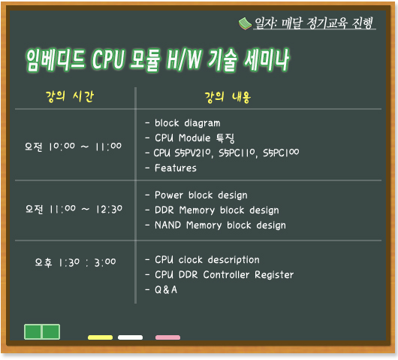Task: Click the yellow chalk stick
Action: click(x=101, y=337)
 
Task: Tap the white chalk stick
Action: click(x=130, y=337)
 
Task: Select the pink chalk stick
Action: click(x=167, y=337)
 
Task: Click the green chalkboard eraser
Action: click(x=42, y=331)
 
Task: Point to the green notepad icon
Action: click(x=245, y=23)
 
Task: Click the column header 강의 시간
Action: click(x=70, y=96)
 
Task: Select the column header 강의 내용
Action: click(x=228, y=97)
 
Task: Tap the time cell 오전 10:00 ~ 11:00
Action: click(x=73, y=147)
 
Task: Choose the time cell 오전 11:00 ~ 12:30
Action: click(x=74, y=210)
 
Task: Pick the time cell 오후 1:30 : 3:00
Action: click(x=75, y=262)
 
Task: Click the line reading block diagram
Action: click(x=187, y=123)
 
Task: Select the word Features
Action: click(x=176, y=168)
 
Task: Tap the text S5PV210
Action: click(x=193, y=153)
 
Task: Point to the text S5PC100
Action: click(x=281, y=153)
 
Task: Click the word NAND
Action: click(x=167, y=225)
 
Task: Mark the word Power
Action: click(x=169, y=195)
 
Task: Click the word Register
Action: click(x=274, y=274)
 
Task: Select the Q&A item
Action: click(x=166, y=289)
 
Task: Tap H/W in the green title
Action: click(x=184, y=60)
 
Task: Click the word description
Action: click(x=234, y=259)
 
